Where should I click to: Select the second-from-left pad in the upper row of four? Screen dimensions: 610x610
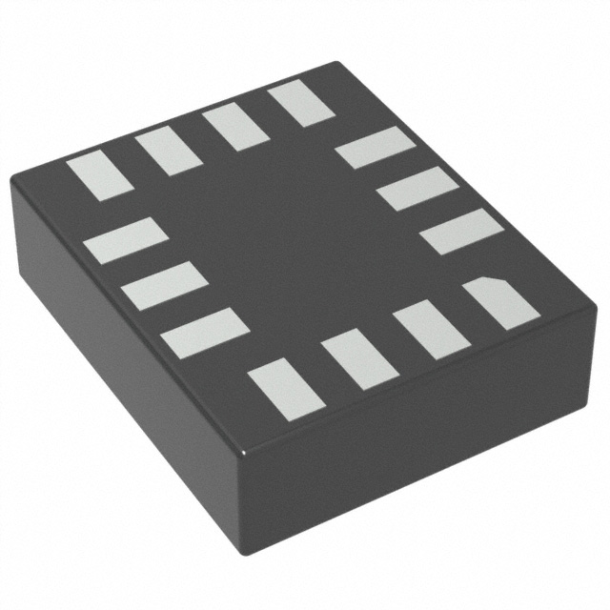point(168,151)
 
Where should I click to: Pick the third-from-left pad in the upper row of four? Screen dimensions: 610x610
point(234,127)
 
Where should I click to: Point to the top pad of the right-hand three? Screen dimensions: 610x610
point(376,147)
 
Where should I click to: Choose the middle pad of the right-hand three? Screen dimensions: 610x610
point(417,188)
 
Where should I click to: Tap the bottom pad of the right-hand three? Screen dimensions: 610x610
point(461,231)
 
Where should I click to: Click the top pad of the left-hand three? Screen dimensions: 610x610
point(125,240)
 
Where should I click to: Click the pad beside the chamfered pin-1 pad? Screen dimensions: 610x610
point(431,330)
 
